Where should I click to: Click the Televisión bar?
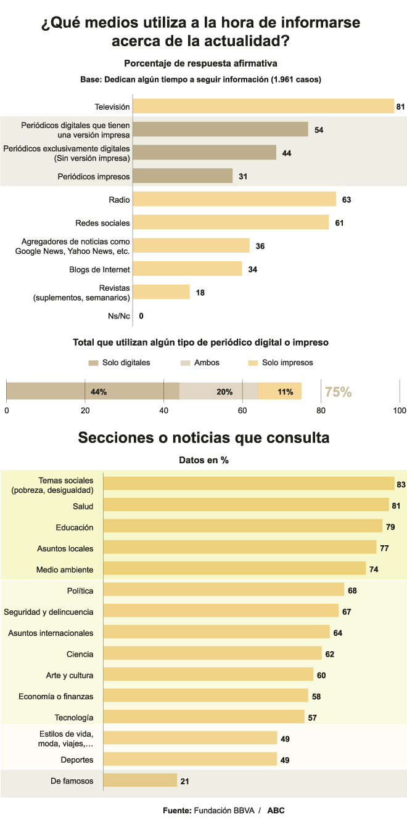[263, 106]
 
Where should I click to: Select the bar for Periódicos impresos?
[183, 176]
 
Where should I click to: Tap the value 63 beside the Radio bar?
[347, 200]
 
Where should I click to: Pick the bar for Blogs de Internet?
[187, 269]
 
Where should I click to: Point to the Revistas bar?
[161, 292]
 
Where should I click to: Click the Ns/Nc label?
[119, 316]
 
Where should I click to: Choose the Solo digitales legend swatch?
[93, 363]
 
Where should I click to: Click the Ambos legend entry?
[207, 363]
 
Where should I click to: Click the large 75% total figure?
[338, 392]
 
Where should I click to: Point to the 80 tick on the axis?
[321, 410]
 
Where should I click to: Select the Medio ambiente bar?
[234, 569]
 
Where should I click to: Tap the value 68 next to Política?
[352, 590]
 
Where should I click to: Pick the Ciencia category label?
[80, 654]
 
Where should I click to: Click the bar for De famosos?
[140, 781]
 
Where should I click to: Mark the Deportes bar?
[190, 759]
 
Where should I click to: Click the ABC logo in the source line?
[276, 810]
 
